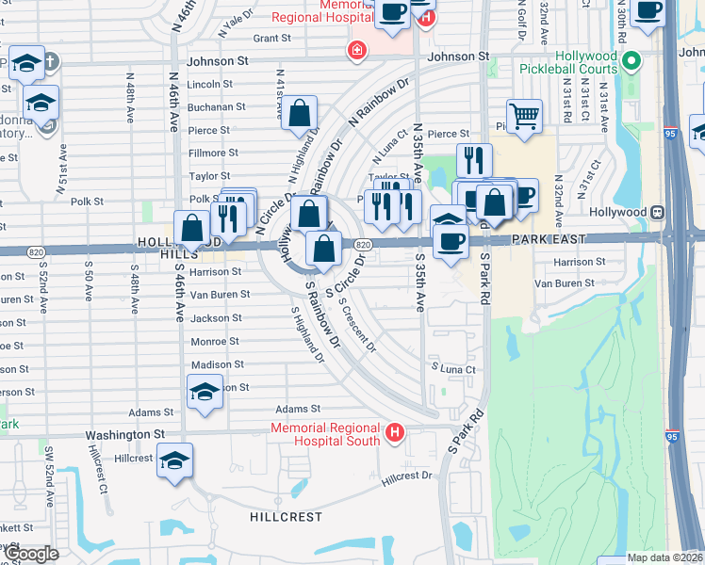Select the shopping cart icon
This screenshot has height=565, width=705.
click(x=524, y=116)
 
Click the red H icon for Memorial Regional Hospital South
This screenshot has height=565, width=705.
click(x=394, y=433)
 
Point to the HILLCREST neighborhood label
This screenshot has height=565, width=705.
click(x=287, y=517)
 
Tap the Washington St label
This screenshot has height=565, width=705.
click(x=125, y=435)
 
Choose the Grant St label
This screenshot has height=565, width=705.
click(x=271, y=39)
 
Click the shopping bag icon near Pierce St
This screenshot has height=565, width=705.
click(x=299, y=114)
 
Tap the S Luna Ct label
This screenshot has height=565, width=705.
click(x=453, y=368)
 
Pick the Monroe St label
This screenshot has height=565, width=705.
click(x=215, y=342)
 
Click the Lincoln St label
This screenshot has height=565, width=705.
click(x=209, y=85)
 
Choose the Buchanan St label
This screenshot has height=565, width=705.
click(x=216, y=107)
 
